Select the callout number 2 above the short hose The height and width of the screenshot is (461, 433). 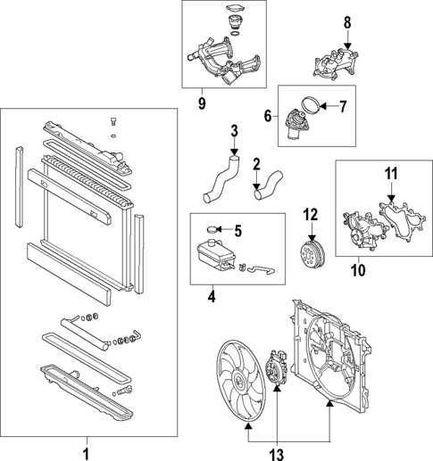point(255,164)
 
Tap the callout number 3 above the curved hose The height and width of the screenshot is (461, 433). point(234,132)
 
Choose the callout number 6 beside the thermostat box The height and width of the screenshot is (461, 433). point(267,116)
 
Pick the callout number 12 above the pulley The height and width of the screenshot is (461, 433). point(310,214)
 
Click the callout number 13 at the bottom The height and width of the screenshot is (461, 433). point(277,454)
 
